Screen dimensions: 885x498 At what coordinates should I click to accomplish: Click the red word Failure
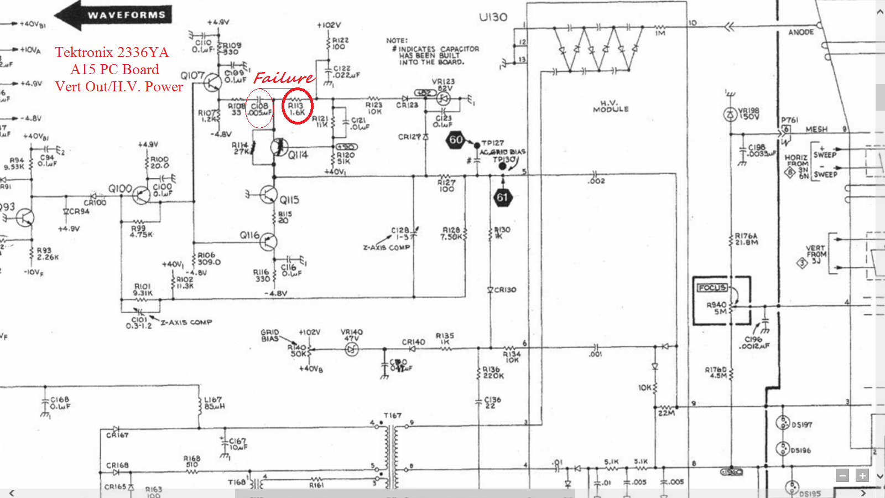click(x=283, y=78)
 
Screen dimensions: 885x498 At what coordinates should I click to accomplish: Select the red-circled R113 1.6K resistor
click(x=297, y=106)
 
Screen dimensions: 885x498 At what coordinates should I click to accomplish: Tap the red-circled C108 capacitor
click(x=259, y=108)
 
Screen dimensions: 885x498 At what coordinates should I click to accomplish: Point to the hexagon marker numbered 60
click(x=456, y=140)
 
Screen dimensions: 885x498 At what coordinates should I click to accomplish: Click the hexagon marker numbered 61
click(x=502, y=198)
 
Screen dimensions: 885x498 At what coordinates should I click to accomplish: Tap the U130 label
click(x=493, y=17)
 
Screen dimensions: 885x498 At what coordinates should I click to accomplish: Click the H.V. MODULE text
click(x=611, y=106)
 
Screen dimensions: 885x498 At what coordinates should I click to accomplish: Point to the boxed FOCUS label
click(x=712, y=287)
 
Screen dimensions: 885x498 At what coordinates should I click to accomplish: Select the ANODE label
click(x=800, y=33)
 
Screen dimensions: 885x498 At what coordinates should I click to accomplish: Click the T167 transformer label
click(x=393, y=416)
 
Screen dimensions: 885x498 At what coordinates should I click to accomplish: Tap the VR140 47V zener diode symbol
click(x=352, y=349)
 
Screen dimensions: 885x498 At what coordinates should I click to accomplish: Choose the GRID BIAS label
click(x=270, y=335)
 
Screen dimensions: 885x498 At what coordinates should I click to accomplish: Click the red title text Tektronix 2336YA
click(x=112, y=53)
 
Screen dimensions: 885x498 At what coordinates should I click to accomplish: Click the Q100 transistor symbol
click(x=142, y=195)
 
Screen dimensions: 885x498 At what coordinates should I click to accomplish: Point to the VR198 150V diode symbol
click(x=730, y=115)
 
